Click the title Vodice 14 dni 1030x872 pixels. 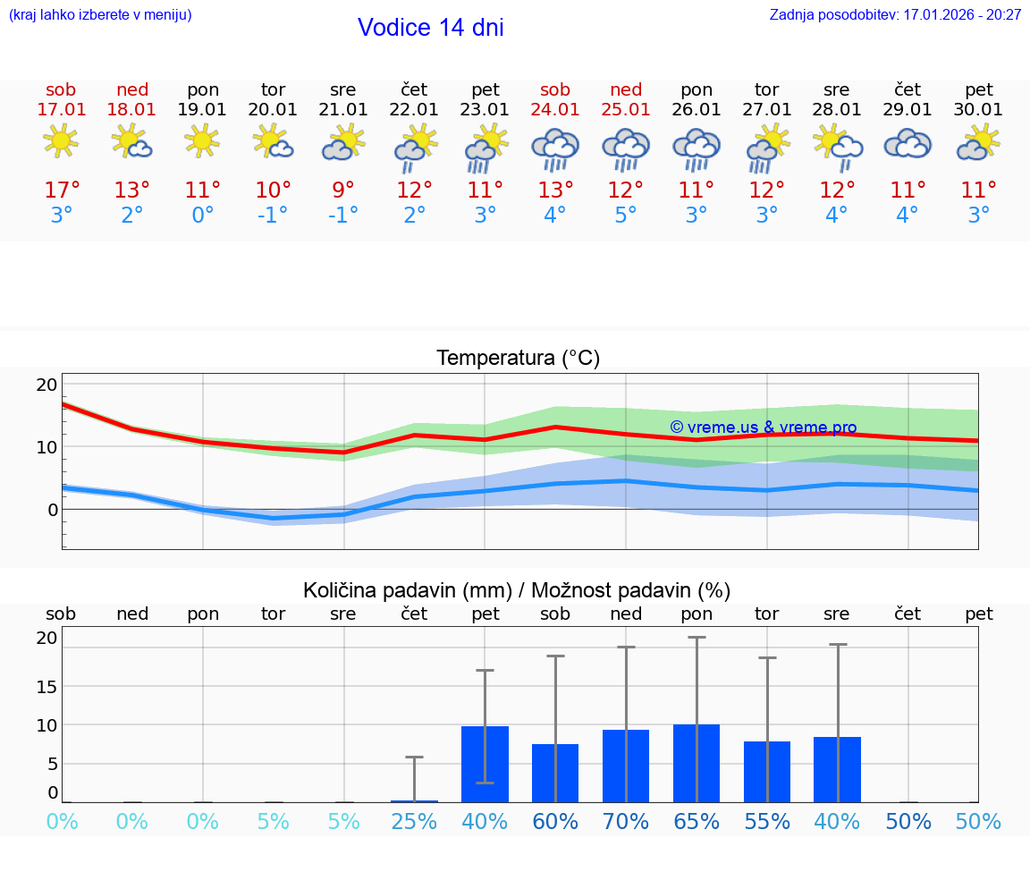(430, 28)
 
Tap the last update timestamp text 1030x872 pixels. (895, 15)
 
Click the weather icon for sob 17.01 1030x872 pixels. (61, 142)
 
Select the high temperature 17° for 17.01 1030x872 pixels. (62, 190)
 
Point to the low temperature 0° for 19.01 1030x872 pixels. (203, 216)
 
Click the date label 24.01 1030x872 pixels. (554, 110)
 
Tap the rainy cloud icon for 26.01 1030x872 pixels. (697, 148)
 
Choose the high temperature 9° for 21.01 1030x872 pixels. (343, 190)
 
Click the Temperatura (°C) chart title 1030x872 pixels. (518, 359)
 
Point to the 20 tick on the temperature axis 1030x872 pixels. (46, 385)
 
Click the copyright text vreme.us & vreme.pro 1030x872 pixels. (763, 428)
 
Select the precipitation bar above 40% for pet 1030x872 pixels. (485, 764)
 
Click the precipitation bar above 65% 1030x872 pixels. (697, 763)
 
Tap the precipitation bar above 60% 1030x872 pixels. (555, 773)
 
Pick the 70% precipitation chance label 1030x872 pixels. (626, 822)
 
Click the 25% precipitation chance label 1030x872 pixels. (414, 822)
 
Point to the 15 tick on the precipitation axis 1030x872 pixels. (46, 686)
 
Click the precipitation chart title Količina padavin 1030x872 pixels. (517, 590)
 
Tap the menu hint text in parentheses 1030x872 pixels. (100, 15)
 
